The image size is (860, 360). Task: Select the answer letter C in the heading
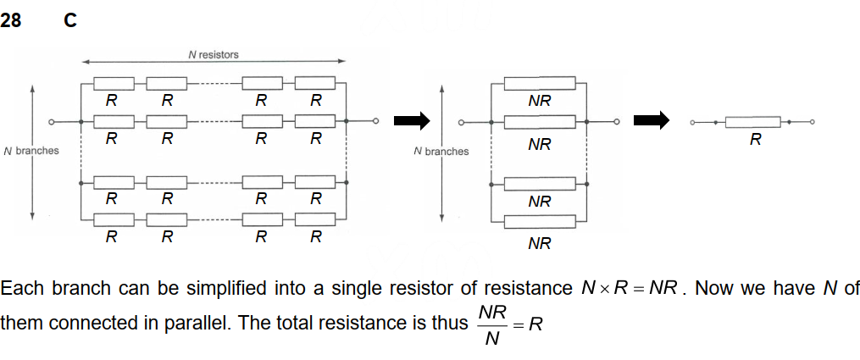70,21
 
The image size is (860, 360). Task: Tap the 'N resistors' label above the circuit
213,54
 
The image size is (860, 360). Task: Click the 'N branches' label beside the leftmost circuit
31,151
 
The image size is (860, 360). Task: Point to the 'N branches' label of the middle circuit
441,152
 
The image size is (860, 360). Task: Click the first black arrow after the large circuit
412,122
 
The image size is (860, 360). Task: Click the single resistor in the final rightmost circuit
755,123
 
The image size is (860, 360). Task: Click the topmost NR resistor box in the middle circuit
540,83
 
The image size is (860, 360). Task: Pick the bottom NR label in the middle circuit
540,244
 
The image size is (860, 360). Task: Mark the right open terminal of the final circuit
812,123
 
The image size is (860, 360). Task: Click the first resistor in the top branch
114,83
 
